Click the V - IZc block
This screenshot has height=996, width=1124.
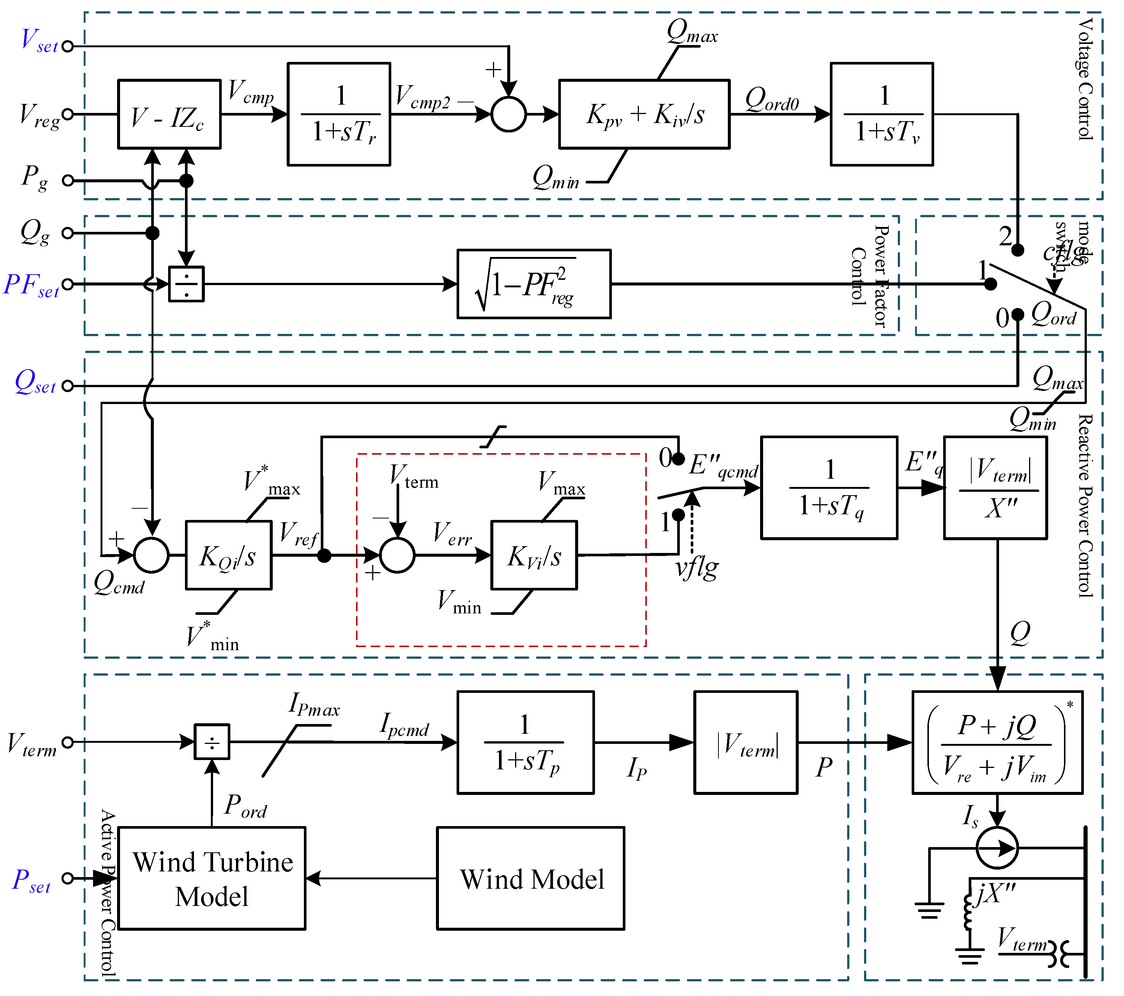pos(169,114)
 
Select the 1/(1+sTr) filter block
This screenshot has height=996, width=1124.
pos(339,114)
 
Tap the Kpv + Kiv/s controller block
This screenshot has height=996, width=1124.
pos(644,114)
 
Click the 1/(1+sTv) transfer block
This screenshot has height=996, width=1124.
pos(882,114)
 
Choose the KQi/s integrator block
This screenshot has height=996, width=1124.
pos(228,556)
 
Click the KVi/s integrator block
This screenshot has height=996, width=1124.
pos(534,556)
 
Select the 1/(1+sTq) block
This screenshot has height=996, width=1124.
pos(829,488)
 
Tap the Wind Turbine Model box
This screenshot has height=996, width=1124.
pos(212,878)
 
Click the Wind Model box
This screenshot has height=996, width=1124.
pos(530,878)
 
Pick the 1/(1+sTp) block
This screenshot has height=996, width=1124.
pos(525,742)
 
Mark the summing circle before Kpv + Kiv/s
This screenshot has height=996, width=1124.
pos(509,114)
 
